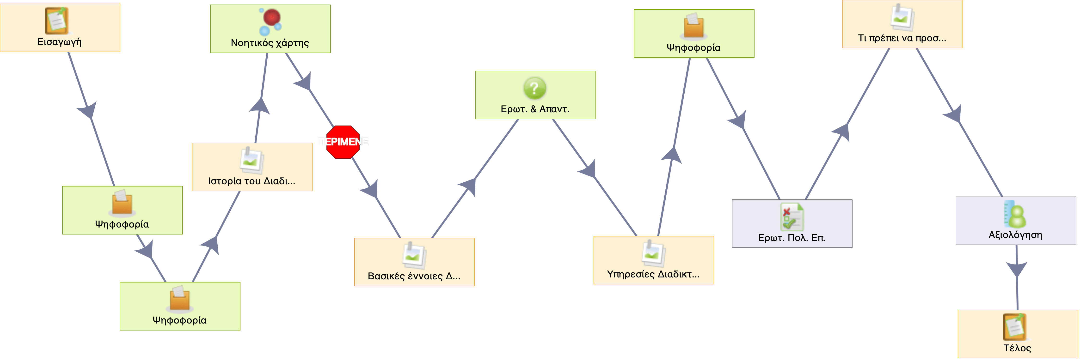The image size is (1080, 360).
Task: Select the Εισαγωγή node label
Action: pyautogui.click(x=60, y=42)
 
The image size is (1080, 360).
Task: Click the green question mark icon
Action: pyautogui.click(x=534, y=88)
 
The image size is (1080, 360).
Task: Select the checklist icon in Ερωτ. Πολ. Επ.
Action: pyautogui.click(x=792, y=217)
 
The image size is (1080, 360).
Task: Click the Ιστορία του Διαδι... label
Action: pyautogui.click(x=252, y=181)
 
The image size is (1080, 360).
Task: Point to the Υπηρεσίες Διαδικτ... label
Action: pyautogui.click(x=653, y=274)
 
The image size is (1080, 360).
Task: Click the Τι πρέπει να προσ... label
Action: pyautogui.click(x=902, y=38)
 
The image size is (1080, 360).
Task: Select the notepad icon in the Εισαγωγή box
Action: pyautogui.click(x=57, y=20)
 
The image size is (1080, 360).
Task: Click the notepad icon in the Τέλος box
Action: pyautogui.click(x=1015, y=327)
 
